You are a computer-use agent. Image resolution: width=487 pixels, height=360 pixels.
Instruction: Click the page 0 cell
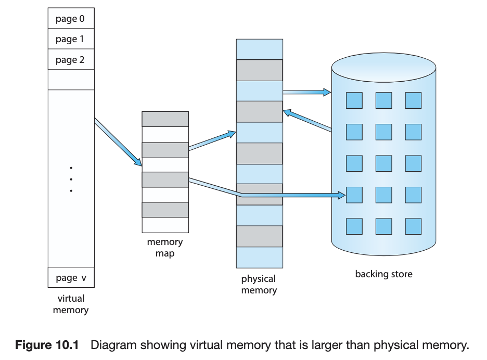71,18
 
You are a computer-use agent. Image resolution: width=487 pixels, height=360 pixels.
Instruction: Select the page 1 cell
71,39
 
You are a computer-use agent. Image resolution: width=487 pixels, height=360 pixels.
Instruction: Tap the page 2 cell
71,59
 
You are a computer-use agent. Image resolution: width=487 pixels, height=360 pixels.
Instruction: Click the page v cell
71,277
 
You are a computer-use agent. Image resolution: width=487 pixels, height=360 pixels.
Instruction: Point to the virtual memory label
71,304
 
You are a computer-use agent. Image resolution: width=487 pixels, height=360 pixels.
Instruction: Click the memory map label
165,248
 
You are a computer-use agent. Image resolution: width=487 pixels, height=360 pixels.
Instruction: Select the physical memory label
259,285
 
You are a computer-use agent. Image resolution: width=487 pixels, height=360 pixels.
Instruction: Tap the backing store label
384,274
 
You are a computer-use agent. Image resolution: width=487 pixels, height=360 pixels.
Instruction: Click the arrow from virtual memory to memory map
118,142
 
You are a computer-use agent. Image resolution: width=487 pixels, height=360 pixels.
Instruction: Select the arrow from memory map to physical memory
212,140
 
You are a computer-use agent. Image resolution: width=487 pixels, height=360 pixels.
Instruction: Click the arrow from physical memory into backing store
307,92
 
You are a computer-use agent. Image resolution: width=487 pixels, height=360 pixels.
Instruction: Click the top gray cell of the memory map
165,119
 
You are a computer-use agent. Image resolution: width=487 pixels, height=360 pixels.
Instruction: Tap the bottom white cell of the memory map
165,225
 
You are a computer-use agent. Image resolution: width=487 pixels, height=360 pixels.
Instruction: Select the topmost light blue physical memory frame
260,49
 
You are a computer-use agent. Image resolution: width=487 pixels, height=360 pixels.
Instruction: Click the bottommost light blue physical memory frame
260,258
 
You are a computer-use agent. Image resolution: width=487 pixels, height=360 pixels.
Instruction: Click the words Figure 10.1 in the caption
47,345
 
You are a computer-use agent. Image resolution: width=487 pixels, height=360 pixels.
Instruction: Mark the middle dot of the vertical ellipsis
71,179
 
